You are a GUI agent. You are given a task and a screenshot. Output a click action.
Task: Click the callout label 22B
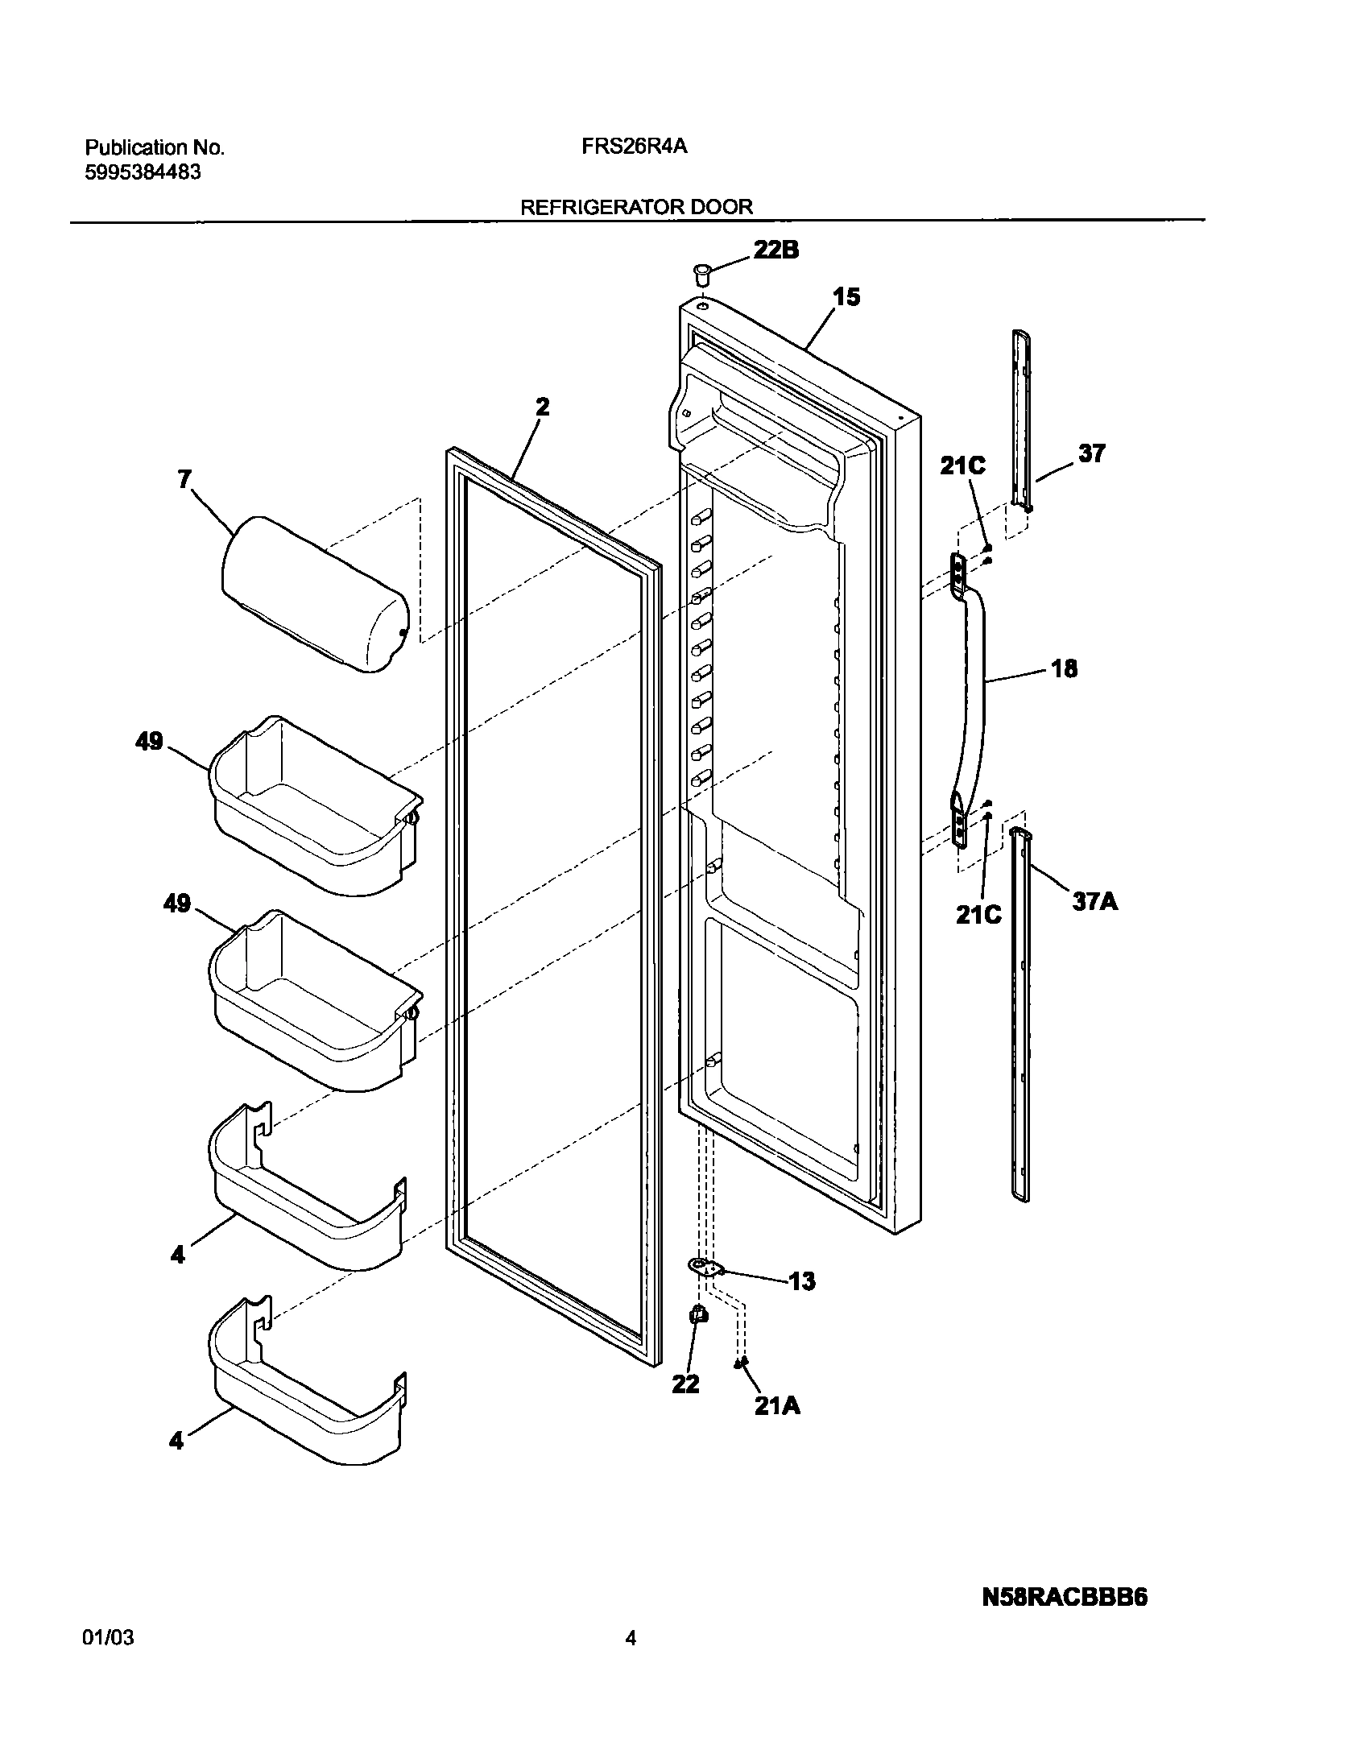click(x=775, y=250)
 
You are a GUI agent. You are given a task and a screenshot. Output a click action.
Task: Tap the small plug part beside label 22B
click(x=702, y=275)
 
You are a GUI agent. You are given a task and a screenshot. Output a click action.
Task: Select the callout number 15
click(x=846, y=297)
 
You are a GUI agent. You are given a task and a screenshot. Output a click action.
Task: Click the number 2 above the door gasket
click(x=543, y=407)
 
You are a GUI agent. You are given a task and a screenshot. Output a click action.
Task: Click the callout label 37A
click(x=1094, y=902)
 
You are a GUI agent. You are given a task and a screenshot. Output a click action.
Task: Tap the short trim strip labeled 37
click(x=1021, y=419)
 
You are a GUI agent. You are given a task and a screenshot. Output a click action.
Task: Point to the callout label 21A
click(x=777, y=1405)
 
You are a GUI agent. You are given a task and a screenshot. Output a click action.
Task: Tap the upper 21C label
click(x=962, y=465)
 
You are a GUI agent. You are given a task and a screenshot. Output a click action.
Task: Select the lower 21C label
click(x=978, y=914)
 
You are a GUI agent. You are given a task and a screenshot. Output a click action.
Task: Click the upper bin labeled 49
click(x=314, y=805)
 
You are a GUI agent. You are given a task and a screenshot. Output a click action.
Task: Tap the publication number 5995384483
click(x=143, y=172)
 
